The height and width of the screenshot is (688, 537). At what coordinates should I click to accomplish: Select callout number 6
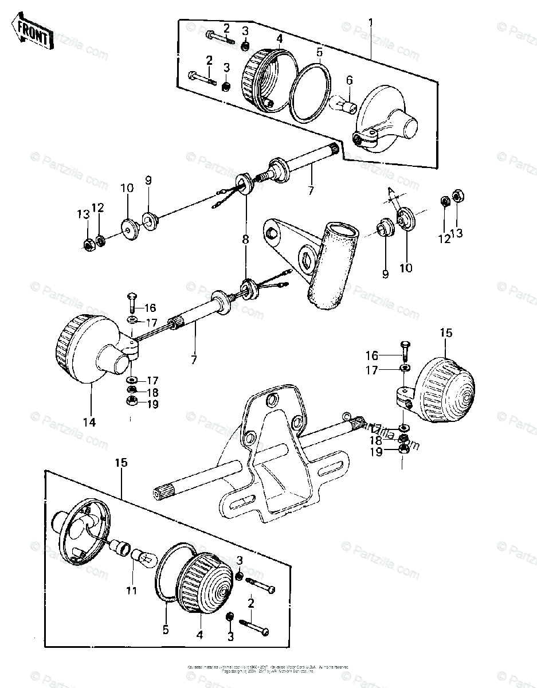(x=350, y=80)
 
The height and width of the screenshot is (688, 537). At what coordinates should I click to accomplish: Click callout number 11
(x=132, y=590)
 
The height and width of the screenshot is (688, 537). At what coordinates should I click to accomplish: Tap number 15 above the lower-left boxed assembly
(x=122, y=462)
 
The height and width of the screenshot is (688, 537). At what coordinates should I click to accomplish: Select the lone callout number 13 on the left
(x=84, y=214)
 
